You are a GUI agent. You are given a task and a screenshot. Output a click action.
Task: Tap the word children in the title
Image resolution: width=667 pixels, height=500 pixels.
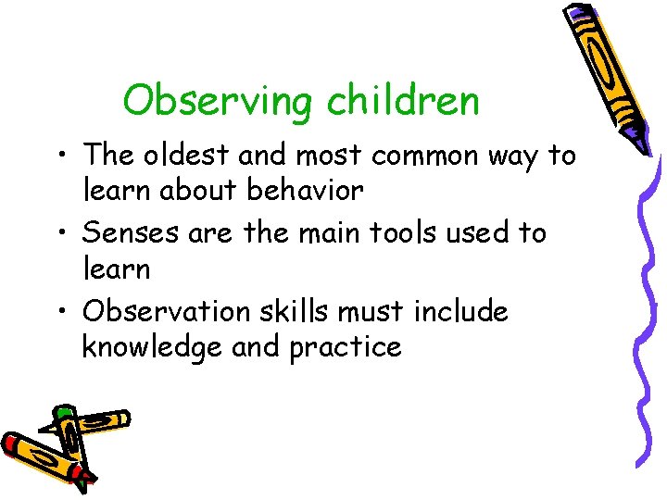pyautogui.click(x=403, y=100)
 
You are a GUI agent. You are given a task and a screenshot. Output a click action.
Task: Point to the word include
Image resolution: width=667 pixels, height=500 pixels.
pyautogui.click(x=460, y=311)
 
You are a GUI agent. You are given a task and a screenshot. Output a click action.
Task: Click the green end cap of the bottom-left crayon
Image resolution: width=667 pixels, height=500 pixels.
pyautogui.click(x=63, y=412)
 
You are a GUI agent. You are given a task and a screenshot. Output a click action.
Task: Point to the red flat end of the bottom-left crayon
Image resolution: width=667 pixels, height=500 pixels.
pyautogui.click(x=12, y=442)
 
